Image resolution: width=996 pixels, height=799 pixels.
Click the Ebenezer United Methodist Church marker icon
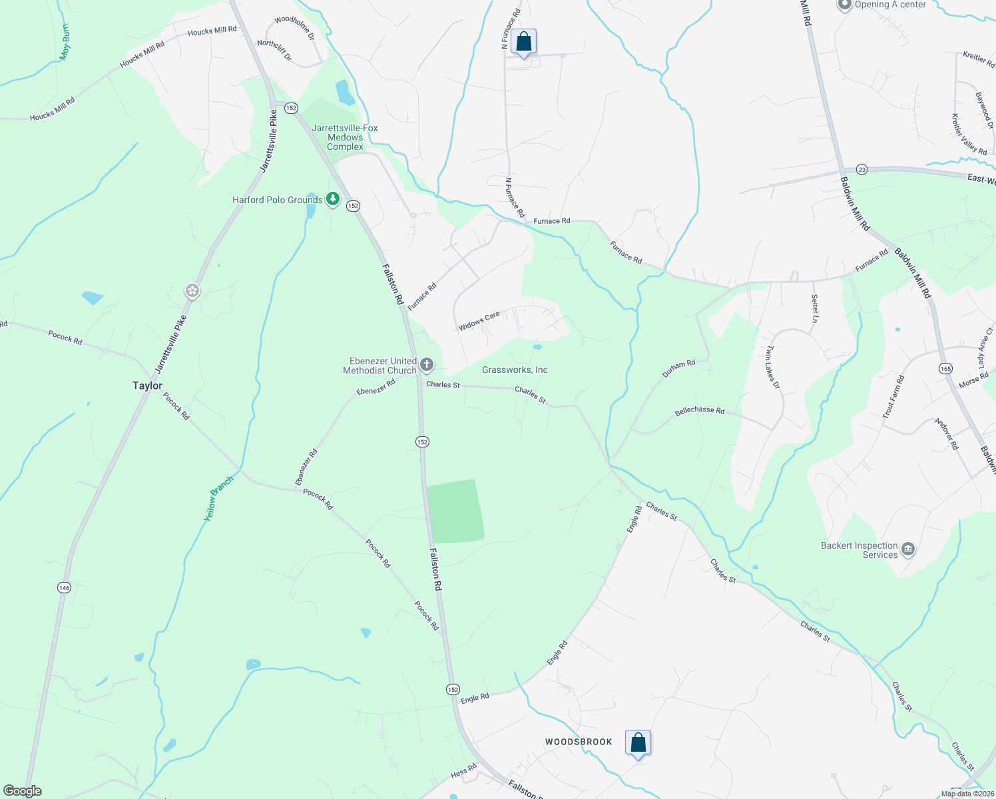point(427,365)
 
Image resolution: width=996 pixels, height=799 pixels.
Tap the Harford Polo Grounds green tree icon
point(333,200)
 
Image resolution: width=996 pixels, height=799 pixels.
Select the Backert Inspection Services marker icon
point(908,550)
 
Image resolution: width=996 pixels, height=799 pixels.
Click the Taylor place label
point(147,386)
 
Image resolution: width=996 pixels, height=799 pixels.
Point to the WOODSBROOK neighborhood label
point(579,742)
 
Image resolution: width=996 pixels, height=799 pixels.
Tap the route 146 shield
point(64,587)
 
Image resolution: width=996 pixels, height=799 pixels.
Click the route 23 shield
point(862,170)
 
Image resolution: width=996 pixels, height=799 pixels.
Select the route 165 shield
point(945,368)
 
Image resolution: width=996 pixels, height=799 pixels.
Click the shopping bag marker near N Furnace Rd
point(524,43)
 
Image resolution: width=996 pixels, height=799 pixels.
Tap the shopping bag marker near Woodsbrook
point(638,742)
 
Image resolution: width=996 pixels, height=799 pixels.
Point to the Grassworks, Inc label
point(515,370)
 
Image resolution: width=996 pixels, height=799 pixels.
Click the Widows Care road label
point(479,321)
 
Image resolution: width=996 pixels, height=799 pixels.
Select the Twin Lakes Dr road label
point(772,367)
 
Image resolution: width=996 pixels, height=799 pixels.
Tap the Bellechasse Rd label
point(699,411)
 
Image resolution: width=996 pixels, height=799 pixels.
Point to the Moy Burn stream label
point(65,43)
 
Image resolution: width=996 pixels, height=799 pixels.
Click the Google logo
point(23,791)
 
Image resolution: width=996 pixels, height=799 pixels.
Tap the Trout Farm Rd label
point(893,398)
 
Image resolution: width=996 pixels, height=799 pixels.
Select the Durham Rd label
point(678,368)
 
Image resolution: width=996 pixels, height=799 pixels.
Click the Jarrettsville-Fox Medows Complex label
point(345,137)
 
